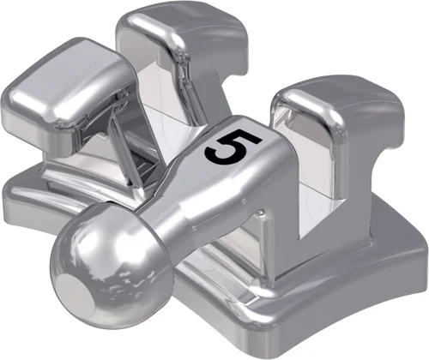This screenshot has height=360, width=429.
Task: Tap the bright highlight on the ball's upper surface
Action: (x=86, y=231)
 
